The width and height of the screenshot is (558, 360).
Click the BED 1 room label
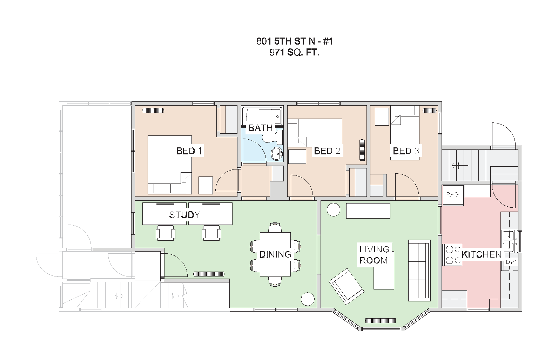pos(189,151)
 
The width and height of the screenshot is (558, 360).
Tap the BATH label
pos(260,128)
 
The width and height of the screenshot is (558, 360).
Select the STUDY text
pos(184,215)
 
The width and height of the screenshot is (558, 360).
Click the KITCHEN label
pos(482,254)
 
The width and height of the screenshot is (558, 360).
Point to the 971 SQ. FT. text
pos(295,53)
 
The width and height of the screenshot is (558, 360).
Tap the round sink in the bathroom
pos(277,154)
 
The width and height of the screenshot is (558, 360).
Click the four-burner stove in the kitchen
pos(452,255)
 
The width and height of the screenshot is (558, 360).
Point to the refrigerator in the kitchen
pos(453,194)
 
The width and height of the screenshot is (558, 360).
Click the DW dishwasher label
pos(510,262)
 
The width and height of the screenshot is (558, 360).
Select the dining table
pos(275,254)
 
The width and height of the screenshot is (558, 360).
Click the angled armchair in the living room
pos(346,286)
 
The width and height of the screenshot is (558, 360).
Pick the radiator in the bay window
pos(381,320)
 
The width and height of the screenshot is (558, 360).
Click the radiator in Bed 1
pos(153,111)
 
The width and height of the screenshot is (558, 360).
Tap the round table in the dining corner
pos(308,299)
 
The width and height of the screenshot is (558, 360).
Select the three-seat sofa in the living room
pos(419,270)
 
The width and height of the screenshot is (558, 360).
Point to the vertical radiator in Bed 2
pos(362,150)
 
